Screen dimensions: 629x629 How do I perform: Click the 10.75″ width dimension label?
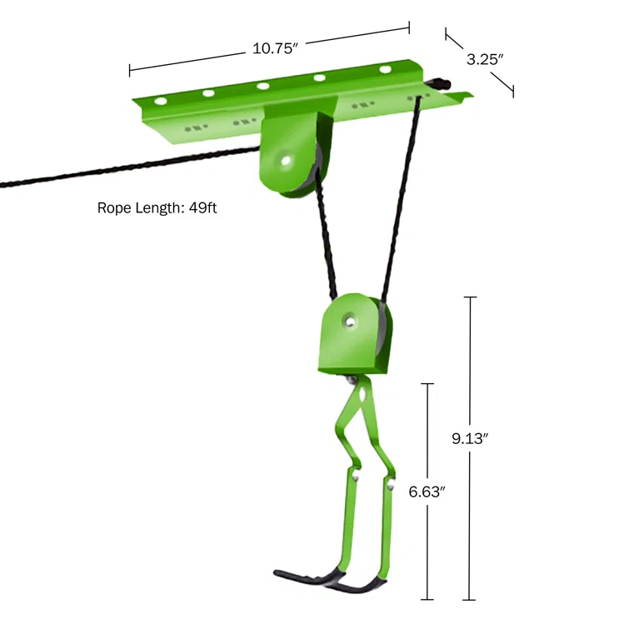point(275,48)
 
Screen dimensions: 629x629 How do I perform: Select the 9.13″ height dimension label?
point(470,439)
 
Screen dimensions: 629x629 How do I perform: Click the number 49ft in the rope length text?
point(202,208)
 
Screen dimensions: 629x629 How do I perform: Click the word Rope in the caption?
point(114,208)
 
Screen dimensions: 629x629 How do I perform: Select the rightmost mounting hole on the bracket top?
point(386,69)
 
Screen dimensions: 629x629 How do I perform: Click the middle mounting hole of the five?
point(263,86)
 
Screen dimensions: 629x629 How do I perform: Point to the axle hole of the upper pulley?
point(286,159)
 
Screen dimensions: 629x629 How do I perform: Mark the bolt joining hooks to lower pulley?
point(357,380)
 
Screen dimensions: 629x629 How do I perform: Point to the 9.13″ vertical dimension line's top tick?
point(471,297)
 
